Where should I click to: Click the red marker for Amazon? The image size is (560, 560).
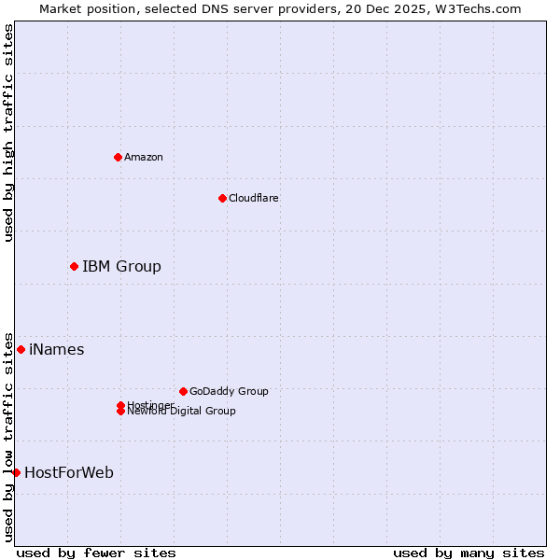click(x=118, y=157)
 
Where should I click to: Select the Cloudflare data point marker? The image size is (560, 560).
click(x=222, y=198)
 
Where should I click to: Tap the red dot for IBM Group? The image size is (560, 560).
click(x=74, y=267)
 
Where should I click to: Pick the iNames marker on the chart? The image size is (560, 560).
click(x=21, y=350)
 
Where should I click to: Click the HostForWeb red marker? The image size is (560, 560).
click(x=16, y=473)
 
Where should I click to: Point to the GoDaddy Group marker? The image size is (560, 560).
click(x=183, y=391)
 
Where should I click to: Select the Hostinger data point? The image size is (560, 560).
click(x=120, y=405)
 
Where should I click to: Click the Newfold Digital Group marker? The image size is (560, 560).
click(x=120, y=412)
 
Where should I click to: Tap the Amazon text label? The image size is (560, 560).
click(x=144, y=157)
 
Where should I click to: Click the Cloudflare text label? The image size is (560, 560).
click(x=253, y=198)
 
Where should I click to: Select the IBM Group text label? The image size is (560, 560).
click(x=121, y=267)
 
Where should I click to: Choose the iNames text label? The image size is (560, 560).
click(x=56, y=350)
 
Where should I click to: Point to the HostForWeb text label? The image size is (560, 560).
click(x=69, y=473)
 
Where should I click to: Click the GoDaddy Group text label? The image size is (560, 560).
click(x=229, y=391)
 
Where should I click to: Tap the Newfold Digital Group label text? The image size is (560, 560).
click(x=181, y=412)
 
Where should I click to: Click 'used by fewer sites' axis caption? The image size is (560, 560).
click(x=96, y=553)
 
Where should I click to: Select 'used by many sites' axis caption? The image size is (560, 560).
click(x=468, y=553)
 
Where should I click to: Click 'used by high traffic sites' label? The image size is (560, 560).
click(x=8, y=133)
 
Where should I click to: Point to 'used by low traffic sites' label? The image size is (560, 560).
click(x=8, y=436)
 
